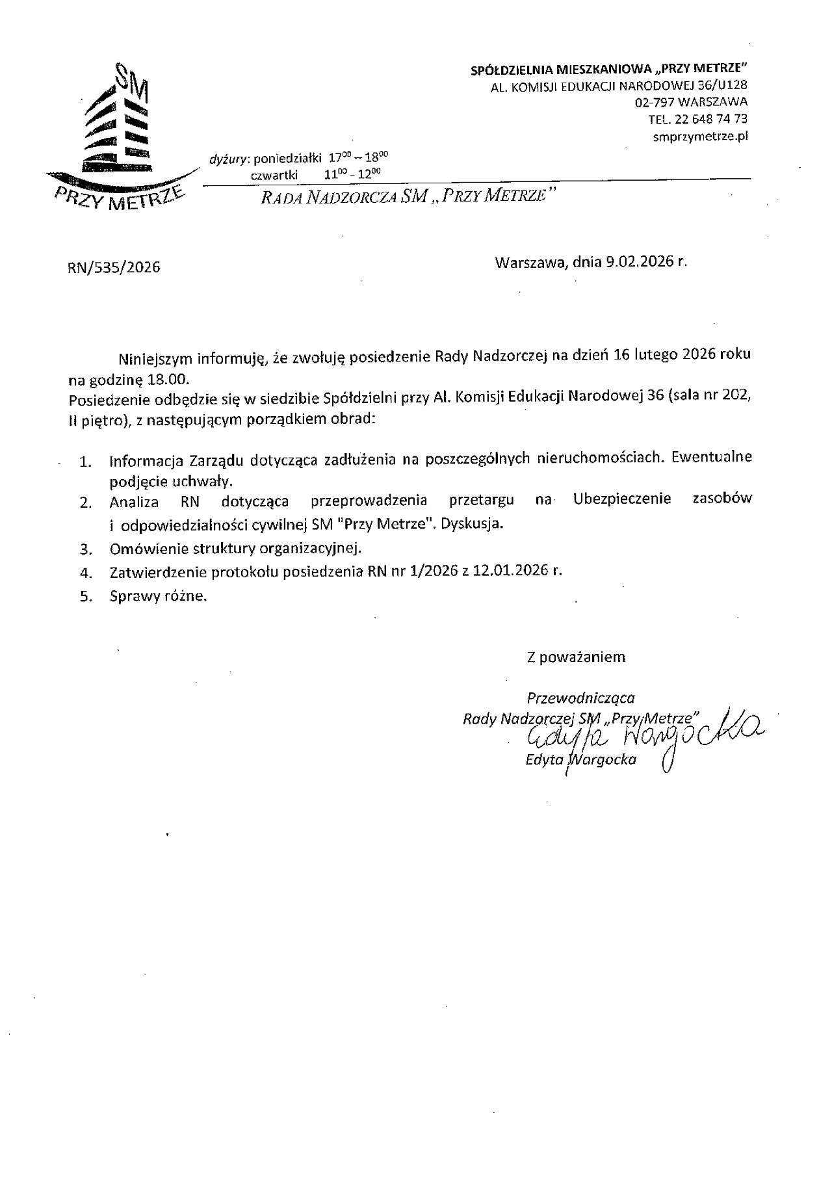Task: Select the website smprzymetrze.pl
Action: click(x=700, y=136)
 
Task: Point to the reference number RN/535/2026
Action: click(x=114, y=267)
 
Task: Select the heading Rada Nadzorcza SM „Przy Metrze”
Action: click(x=409, y=196)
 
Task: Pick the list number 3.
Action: click(x=84, y=549)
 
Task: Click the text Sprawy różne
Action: click(x=158, y=596)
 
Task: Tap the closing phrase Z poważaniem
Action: click(x=576, y=657)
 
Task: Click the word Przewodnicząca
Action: click(x=580, y=698)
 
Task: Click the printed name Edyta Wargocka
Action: click(x=581, y=759)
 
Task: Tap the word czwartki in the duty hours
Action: click(x=274, y=174)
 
